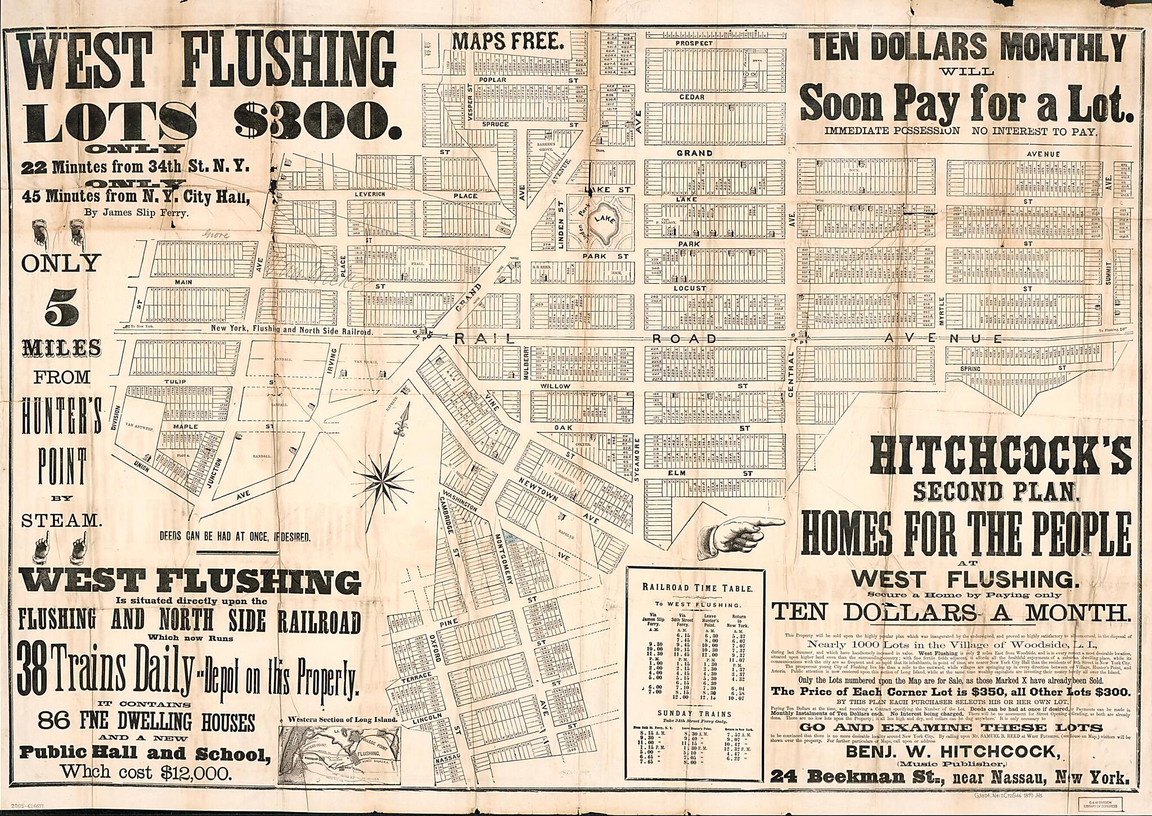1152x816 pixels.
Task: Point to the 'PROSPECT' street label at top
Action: pyautogui.click(x=694, y=43)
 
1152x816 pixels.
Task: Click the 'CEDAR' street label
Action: pyautogui.click(x=691, y=97)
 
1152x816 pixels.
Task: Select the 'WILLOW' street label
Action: pyautogui.click(x=555, y=386)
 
